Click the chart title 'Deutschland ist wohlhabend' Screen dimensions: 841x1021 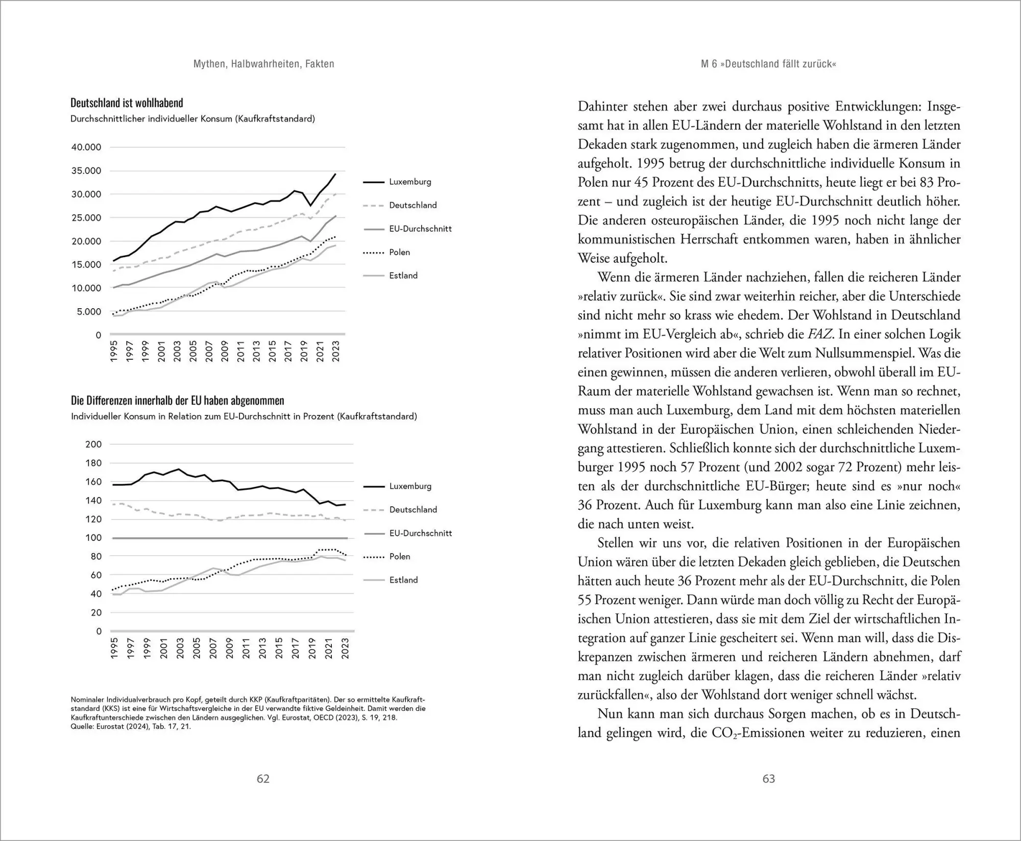pyautogui.click(x=127, y=103)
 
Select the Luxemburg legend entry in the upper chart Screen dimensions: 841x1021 pyautogui.click(x=409, y=182)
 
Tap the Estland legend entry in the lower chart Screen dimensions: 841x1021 pyautogui.click(x=403, y=580)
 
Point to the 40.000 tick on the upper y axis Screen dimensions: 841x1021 pyautogui.click(x=86, y=147)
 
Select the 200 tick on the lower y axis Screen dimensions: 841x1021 pyautogui.click(x=93, y=444)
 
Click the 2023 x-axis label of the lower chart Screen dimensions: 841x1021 pyautogui.click(x=345, y=648)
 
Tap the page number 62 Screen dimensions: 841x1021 pyautogui.click(x=263, y=779)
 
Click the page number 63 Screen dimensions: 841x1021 pyautogui.click(x=769, y=779)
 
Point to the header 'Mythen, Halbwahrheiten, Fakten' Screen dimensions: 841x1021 pyautogui.click(x=264, y=64)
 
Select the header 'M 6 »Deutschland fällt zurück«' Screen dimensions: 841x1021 pyautogui.click(x=769, y=64)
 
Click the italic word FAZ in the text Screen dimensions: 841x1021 pyautogui.click(x=820, y=334)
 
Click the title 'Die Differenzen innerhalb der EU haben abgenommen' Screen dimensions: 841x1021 pyautogui.click(x=177, y=401)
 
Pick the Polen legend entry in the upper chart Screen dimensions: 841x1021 pyautogui.click(x=399, y=252)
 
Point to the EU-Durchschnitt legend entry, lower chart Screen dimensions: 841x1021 pyautogui.click(x=420, y=533)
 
